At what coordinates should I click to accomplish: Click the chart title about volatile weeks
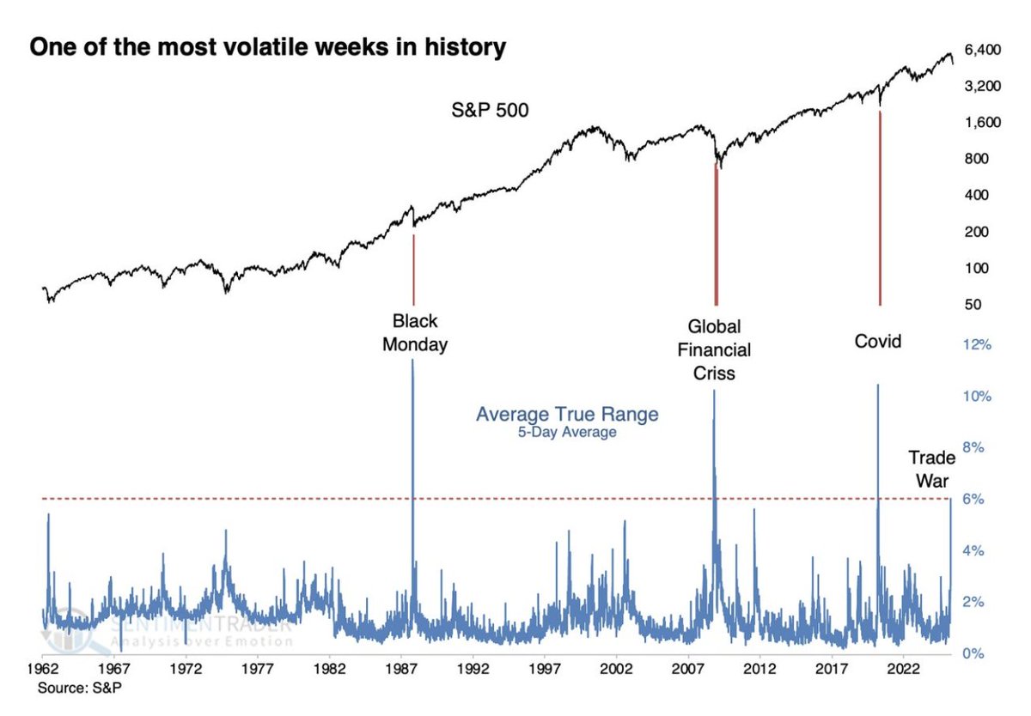pos(268,48)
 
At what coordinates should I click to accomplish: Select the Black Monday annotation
pos(415,333)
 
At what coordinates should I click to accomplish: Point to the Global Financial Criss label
pos(719,350)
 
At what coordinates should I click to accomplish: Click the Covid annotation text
pos(878,342)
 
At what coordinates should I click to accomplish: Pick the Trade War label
pos(932,469)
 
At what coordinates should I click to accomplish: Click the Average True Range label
pos(567,415)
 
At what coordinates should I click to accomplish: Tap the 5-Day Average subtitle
pos(567,433)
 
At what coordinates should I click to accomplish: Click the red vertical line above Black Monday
pos(413,266)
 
